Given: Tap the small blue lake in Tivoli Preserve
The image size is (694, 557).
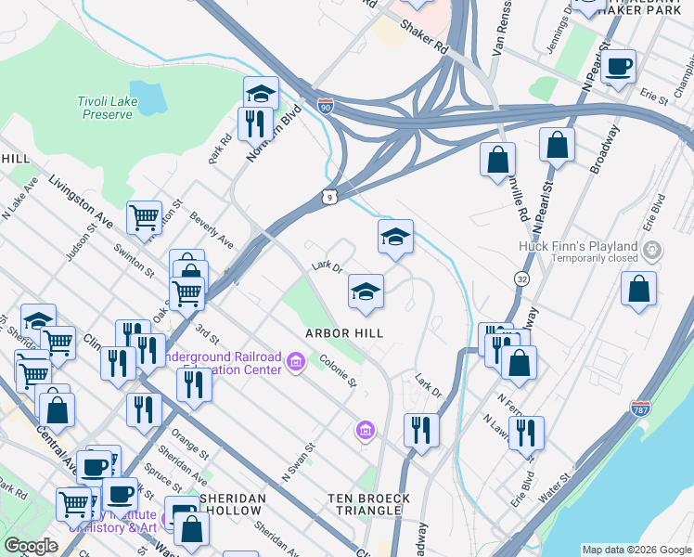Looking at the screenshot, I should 155,96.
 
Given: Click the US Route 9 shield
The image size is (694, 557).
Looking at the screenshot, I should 329,196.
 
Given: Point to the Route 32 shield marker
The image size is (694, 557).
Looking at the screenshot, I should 521,278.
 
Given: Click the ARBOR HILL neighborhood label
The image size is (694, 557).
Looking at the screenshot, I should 345,332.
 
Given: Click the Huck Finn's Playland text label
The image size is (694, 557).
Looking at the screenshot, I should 578,246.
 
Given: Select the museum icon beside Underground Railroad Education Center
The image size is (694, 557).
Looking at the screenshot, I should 296,361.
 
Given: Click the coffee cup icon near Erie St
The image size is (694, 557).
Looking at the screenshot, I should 619,67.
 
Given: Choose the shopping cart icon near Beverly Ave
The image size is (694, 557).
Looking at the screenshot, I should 144,218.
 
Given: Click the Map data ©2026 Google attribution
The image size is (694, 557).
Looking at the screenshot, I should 636,550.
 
